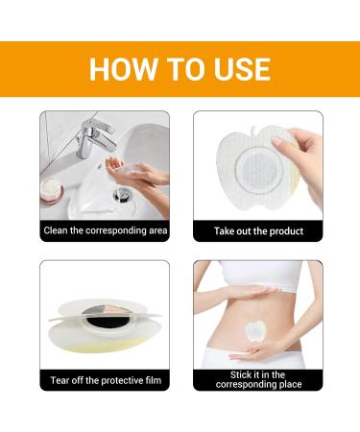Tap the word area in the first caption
point(158,231)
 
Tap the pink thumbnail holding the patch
point(276,141)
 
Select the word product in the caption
point(286,231)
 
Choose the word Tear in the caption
point(60,380)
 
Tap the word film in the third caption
point(154,380)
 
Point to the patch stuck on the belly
point(255,330)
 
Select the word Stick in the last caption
point(242,374)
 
